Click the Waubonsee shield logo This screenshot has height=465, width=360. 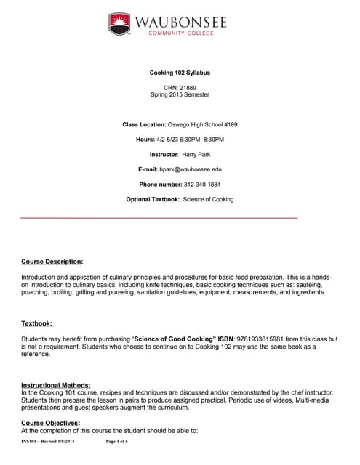(x=119, y=24)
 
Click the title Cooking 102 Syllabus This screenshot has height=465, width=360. (x=180, y=73)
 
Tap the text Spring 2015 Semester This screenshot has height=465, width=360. (x=180, y=95)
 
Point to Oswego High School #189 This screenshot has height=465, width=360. (x=203, y=124)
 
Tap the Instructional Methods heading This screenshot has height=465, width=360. (x=56, y=384)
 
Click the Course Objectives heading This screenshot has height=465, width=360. (x=51, y=422)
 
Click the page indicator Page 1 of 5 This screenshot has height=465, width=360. (x=118, y=442)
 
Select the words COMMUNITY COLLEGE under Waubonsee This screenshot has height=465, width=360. (x=179, y=33)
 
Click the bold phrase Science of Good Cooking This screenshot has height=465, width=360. (x=173, y=339)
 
